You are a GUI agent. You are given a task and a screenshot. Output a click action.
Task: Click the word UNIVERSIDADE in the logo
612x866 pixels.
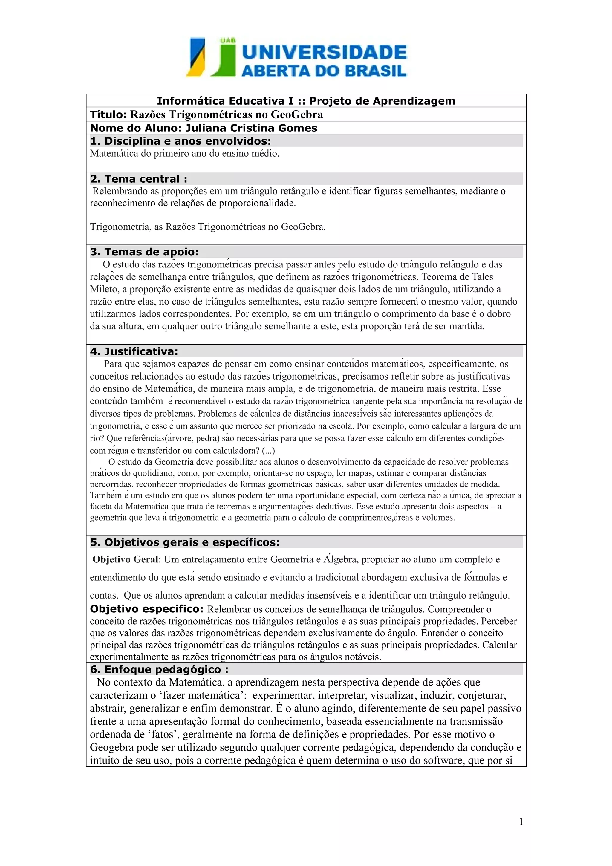tap(324, 52)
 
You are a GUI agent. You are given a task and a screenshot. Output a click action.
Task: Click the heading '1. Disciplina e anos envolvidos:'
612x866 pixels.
tap(180, 141)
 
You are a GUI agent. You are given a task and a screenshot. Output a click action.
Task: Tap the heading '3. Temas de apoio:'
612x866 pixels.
tap(144, 252)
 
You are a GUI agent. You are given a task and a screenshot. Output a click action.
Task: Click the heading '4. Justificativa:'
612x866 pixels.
tap(134, 351)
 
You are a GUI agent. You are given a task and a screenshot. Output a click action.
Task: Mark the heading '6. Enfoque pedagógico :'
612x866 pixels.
tap(159, 669)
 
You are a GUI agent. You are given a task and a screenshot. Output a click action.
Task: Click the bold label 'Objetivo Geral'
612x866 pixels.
tap(125, 559)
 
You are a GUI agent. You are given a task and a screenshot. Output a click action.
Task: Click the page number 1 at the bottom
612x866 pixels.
tap(521, 822)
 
